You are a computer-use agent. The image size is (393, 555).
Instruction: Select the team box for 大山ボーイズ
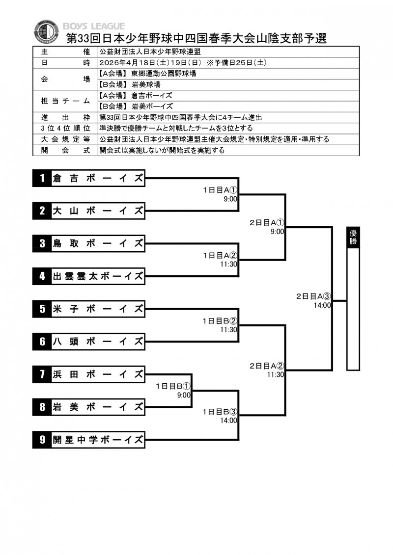click(x=98, y=211)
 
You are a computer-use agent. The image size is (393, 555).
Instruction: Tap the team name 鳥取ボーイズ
click(x=98, y=243)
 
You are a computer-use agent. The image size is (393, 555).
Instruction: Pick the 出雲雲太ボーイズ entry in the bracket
click(x=98, y=276)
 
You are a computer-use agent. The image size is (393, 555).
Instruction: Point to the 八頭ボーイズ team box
click(x=98, y=342)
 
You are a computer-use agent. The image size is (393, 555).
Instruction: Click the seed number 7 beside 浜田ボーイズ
click(x=42, y=375)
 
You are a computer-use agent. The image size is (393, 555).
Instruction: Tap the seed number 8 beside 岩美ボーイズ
click(x=42, y=407)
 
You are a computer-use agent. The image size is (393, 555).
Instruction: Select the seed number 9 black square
click(x=42, y=440)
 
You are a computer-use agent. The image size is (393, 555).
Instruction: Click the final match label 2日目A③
click(x=314, y=296)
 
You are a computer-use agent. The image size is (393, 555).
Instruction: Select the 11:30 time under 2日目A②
click(x=276, y=374)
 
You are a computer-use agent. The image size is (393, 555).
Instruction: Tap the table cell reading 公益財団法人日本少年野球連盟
click(x=150, y=52)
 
